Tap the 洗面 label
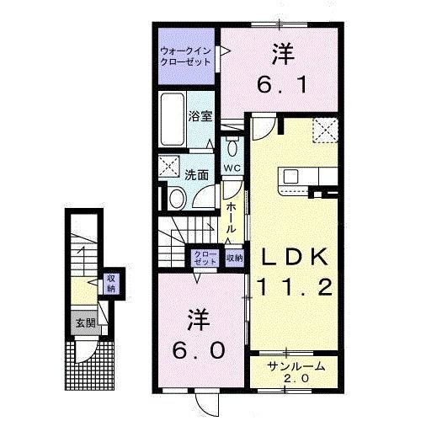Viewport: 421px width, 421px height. [197, 176]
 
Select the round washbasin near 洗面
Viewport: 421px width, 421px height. [177, 199]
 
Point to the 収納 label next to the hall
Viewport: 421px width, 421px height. [234, 258]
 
